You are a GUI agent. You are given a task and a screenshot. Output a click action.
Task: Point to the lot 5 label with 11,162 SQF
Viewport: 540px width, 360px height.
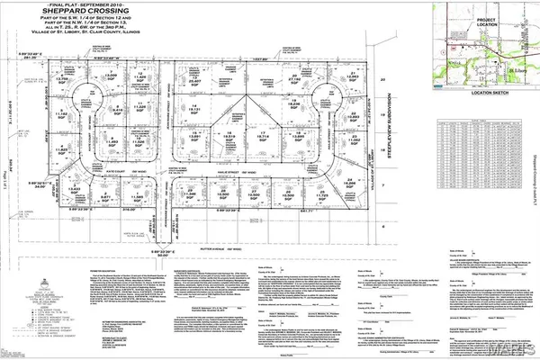point(62,114)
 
